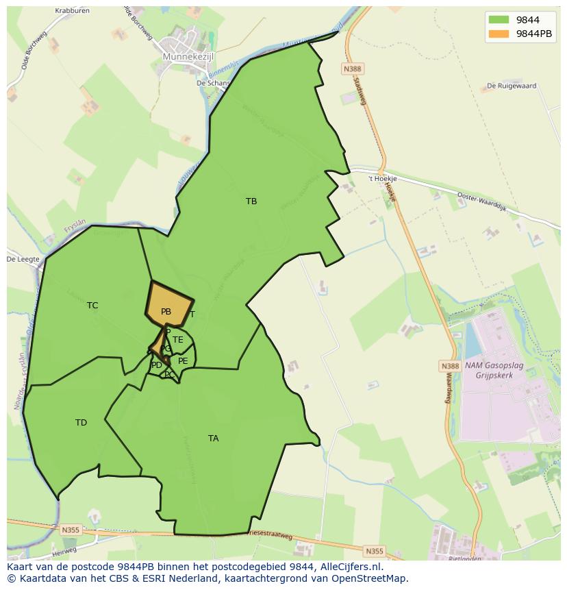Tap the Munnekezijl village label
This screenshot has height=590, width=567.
(188, 57)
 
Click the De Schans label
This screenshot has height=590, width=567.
(213, 82)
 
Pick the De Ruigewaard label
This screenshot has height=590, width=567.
(511, 86)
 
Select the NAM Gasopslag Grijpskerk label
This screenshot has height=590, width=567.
(494, 370)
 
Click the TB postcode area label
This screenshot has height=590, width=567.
(251, 201)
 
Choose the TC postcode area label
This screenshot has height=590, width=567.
(92, 306)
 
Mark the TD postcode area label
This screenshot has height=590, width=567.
(81, 423)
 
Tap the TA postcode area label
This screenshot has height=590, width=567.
(213, 439)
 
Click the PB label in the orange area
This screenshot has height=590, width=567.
(166, 312)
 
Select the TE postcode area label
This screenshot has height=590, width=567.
(178, 340)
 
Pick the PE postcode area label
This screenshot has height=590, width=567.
(183, 360)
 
